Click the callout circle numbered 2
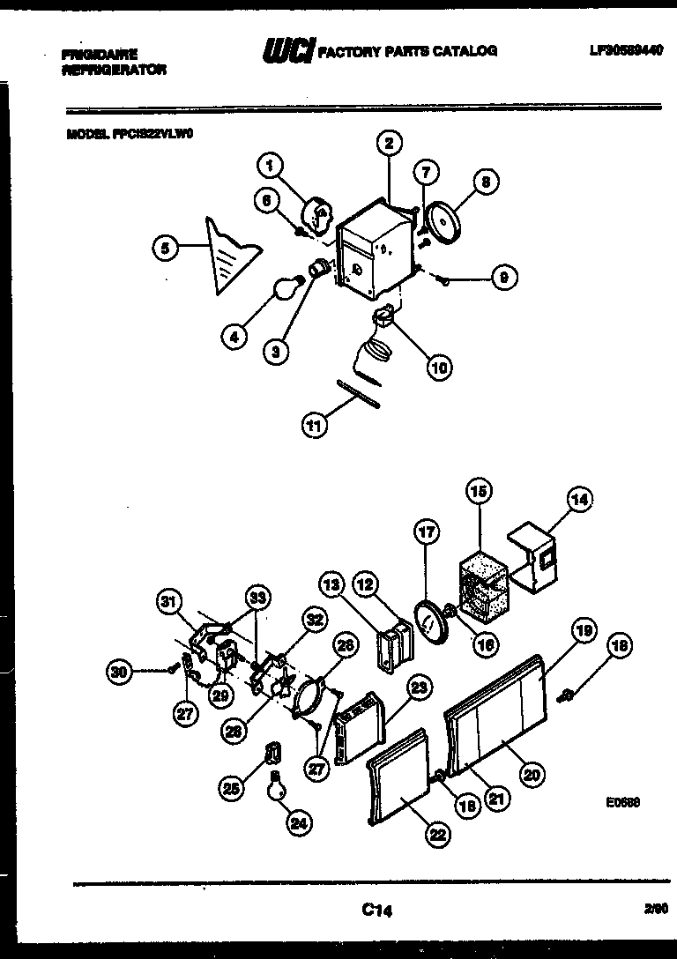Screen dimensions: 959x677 coord(388,143)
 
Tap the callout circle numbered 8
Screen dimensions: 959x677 coord(485,182)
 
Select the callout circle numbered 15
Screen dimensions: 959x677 coord(480,492)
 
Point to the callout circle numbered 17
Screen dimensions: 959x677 coord(427,532)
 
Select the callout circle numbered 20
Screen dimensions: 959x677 coord(531,774)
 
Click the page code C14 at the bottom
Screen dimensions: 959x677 coord(376,911)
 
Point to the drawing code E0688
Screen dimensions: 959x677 coord(622,802)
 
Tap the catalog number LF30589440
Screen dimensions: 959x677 coord(625,51)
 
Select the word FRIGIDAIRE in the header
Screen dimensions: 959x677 coord(100,55)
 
